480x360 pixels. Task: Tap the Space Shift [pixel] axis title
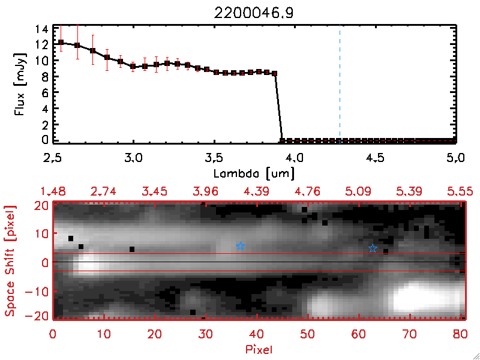tap(10, 261)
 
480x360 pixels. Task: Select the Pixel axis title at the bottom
tap(260, 347)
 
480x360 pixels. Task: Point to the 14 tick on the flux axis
tap(41, 29)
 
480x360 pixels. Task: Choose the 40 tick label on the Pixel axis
tap(257, 334)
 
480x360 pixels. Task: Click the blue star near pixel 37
tap(241, 246)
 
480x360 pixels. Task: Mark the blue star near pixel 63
tap(373, 248)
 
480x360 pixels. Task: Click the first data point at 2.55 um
tap(61, 42)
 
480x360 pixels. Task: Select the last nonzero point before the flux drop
tap(274, 73)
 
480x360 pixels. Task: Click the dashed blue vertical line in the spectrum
tap(340, 84)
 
